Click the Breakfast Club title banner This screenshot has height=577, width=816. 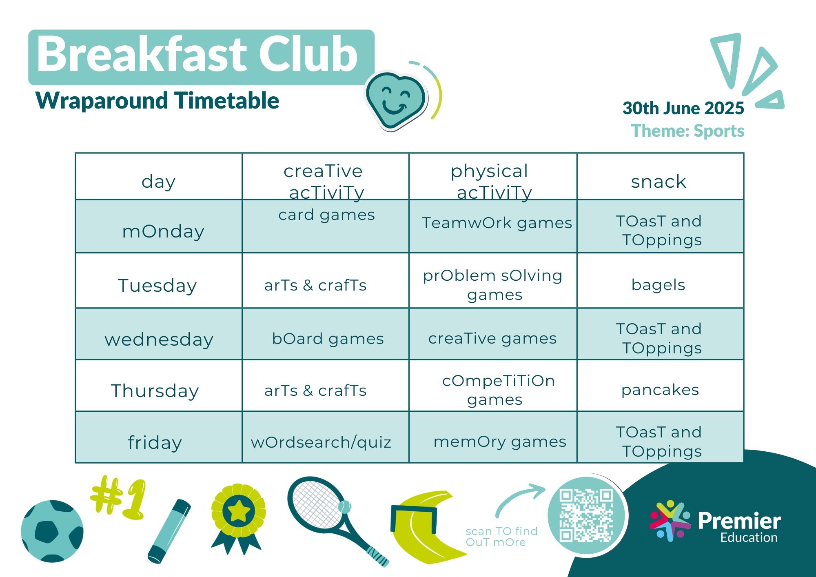(201, 57)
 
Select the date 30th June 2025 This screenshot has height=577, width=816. (683, 108)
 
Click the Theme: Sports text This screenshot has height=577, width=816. (687, 131)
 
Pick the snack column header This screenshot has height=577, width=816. (659, 182)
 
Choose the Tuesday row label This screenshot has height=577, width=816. (157, 285)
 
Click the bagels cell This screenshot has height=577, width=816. (658, 285)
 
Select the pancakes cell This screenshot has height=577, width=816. (660, 390)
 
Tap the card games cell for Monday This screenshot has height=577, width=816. (326, 215)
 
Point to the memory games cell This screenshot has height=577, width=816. (500, 442)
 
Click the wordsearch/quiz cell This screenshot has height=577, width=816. (321, 442)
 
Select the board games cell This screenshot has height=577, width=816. (328, 339)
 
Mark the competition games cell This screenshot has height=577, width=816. (498, 390)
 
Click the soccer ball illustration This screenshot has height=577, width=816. (52, 531)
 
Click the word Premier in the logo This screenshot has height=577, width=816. (739, 521)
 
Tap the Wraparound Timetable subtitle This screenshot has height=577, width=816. (157, 100)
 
